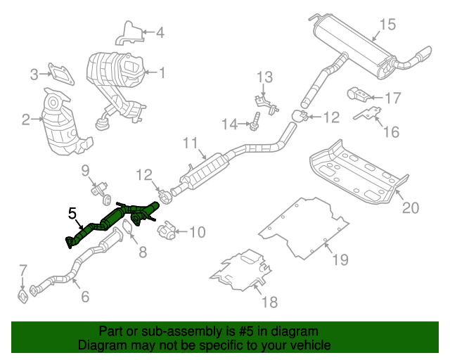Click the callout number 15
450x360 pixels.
coord(388,26)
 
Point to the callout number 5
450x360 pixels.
coord(72,212)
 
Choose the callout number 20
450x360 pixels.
coord(410,207)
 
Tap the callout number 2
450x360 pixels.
coord(26,120)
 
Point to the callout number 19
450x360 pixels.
coord(340,260)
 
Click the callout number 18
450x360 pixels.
coord(269,302)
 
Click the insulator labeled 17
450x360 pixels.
coord(356,94)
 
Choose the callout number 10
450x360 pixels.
coord(198,231)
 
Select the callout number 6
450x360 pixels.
coord(84,297)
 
